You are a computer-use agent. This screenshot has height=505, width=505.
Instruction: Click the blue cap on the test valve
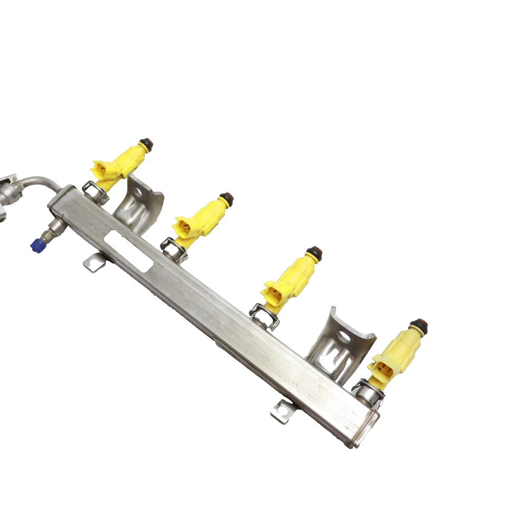[36, 245]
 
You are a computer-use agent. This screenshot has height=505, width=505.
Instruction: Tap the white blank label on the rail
[126, 251]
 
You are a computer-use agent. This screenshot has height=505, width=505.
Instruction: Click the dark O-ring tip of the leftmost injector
[146, 143]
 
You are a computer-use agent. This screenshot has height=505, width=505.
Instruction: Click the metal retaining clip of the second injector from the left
[174, 249]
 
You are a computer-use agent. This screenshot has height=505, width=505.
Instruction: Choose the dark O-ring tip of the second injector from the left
[227, 199]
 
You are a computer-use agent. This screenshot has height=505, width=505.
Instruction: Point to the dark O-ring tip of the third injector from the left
[314, 252]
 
